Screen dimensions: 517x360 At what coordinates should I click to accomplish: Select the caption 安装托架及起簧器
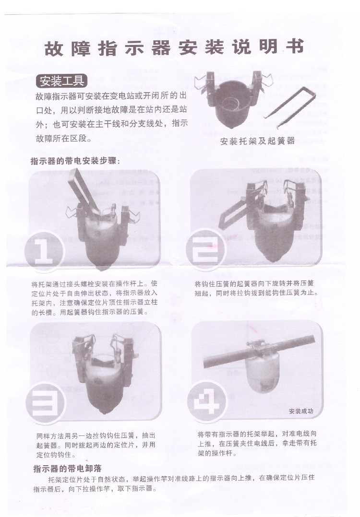(x=257, y=142)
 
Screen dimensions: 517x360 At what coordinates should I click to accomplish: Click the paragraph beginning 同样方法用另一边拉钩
(x=96, y=444)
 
